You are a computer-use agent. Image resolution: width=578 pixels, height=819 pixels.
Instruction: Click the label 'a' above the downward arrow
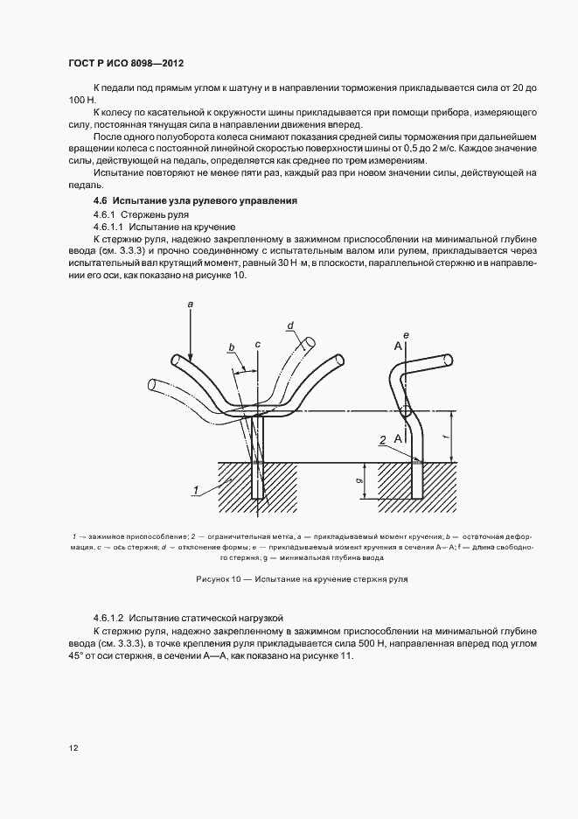pyautogui.click(x=190, y=302)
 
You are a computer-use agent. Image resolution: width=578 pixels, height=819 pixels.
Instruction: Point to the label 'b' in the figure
pyautogui.click(x=232, y=348)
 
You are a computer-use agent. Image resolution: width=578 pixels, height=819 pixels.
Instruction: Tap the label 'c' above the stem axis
pyautogui.click(x=258, y=345)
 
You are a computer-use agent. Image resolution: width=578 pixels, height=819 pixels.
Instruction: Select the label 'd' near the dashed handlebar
pyautogui.click(x=289, y=326)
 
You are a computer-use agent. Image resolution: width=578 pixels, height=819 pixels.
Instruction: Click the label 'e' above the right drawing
pyautogui.click(x=407, y=335)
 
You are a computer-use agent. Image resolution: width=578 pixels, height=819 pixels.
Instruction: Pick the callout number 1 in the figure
pyautogui.click(x=198, y=489)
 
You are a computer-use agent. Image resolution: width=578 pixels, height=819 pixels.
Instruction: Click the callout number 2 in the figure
pyautogui.click(x=382, y=441)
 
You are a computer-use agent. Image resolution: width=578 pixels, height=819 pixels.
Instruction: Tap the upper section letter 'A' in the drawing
pyautogui.click(x=398, y=346)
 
